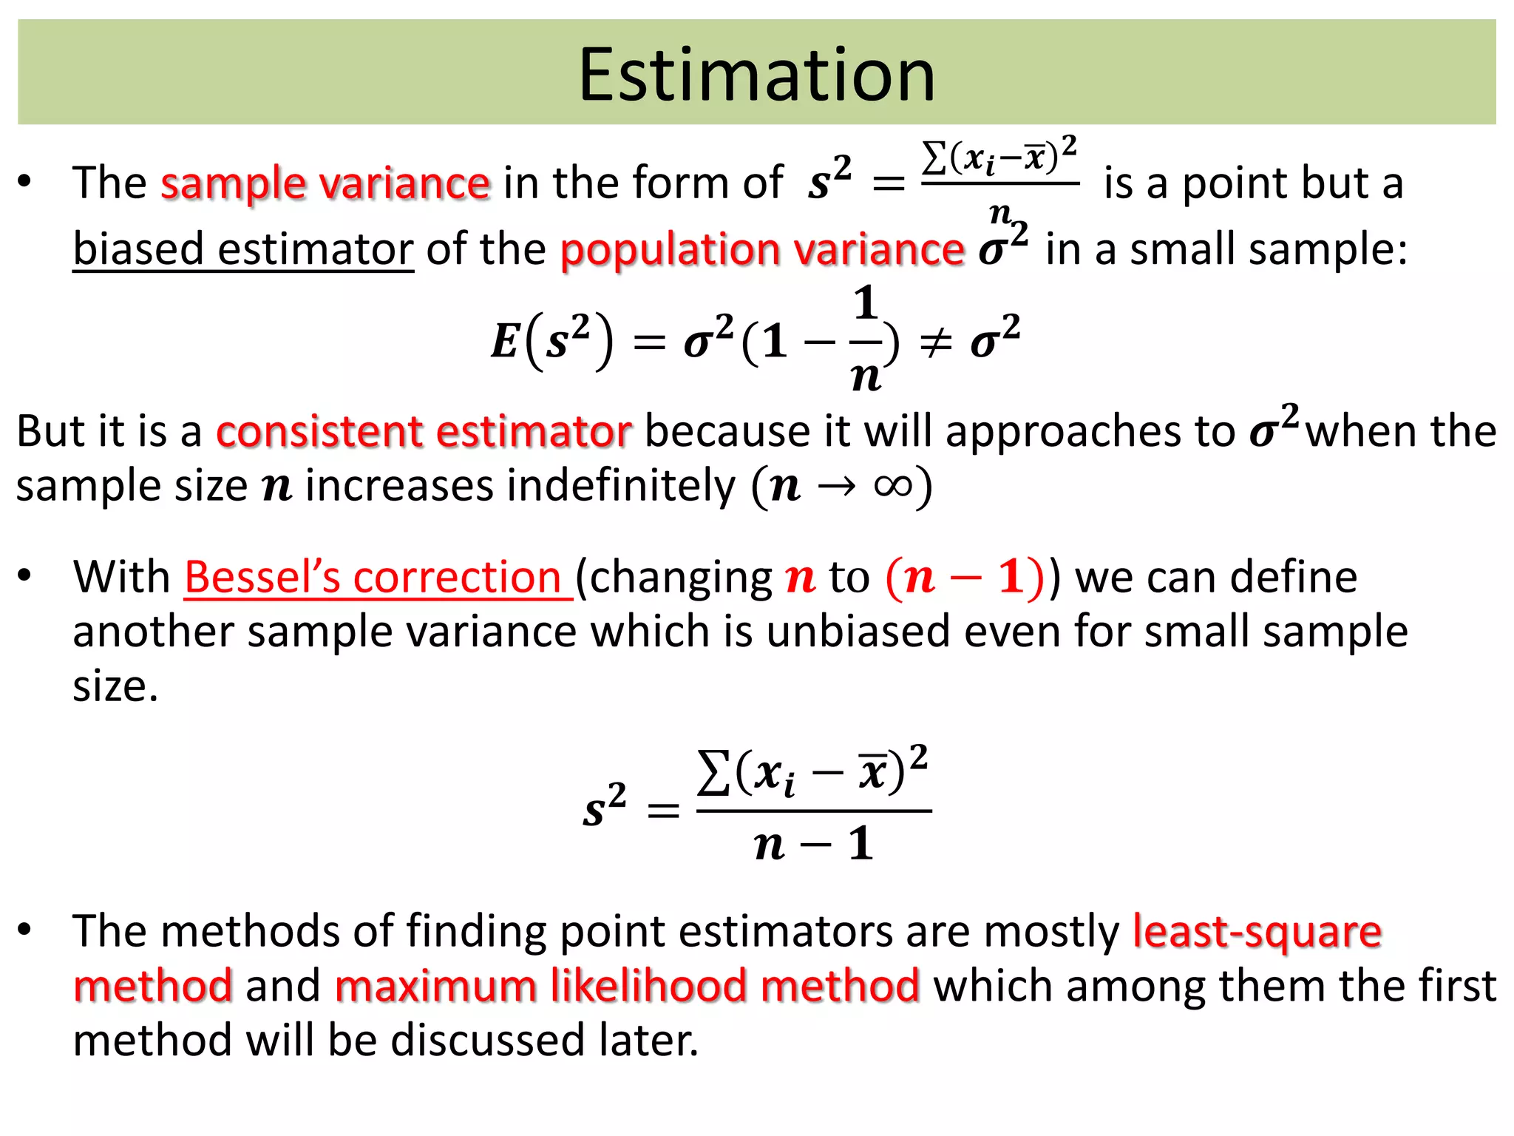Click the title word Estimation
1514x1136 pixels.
[756, 75]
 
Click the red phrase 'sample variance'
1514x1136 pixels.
[325, 183]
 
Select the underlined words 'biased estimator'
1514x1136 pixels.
[242, 249]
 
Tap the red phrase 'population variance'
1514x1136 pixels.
[761, 249]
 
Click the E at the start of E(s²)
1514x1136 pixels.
[505, 342]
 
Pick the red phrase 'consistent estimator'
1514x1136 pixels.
[424, 431]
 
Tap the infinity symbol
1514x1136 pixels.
[893, 486]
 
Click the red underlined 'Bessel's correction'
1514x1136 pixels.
[377, 577]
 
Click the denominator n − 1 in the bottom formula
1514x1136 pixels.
[813, 844]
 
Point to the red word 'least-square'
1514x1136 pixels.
[1257, 931]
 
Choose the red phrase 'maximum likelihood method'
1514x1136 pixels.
[627, 986]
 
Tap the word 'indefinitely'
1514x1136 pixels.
[520, 486]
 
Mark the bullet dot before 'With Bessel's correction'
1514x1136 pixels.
[25, 576]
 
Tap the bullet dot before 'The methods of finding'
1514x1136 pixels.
[25, 930]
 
